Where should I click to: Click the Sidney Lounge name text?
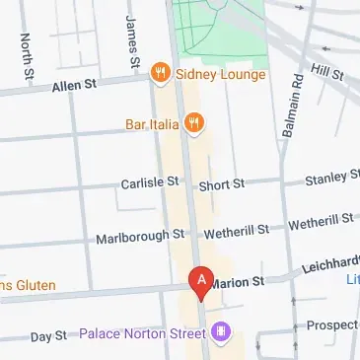pyautogui.click(x=222, y=74)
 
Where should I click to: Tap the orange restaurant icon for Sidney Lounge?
pyautogui.click(x=158, y=73)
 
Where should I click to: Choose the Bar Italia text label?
pyautogui.click(x=151, y=123)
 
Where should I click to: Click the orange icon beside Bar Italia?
pyautogui.click(x=196, y=123)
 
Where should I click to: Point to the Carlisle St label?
pyautogui.click(x=150, y=182)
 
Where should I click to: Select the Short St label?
pyautogui.click(x=221, y=184)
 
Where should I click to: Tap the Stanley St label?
pyautogui.click(x=331, y=179)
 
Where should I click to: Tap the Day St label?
pyautogui.click(x=47, y=337)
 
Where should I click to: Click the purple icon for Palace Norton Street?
pyautogui.click(x=223, y=331)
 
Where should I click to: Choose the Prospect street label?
pyautogui.click(x=332, y=324)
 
